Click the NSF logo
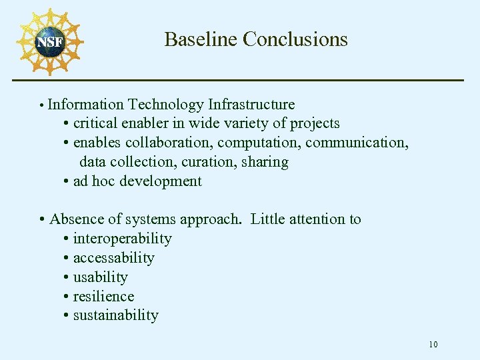pyautogui.click(x=49, y=42)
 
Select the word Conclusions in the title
pyautogui.click(x=295, y=39)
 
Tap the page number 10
pyautogui.click(x=433, y=345)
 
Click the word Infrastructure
pyautogui.click(x=251, y=105)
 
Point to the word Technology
pyautogui.click(x=166, y=105)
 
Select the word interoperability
pyautogui.click(x=122, y=239)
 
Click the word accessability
pyautogui.click(x=113, y=258)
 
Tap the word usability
pyautogui.click(x=100, y=277)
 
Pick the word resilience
pyautogui.click(x=103, y=297)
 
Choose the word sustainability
pyautogui.click(x=115, y=315)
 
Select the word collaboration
pyautogui.click(x=169, y=143)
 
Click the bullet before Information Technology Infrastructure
pyautogui.click(x=41, y=105)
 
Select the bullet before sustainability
pyautogui.click(x=67, y=316)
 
